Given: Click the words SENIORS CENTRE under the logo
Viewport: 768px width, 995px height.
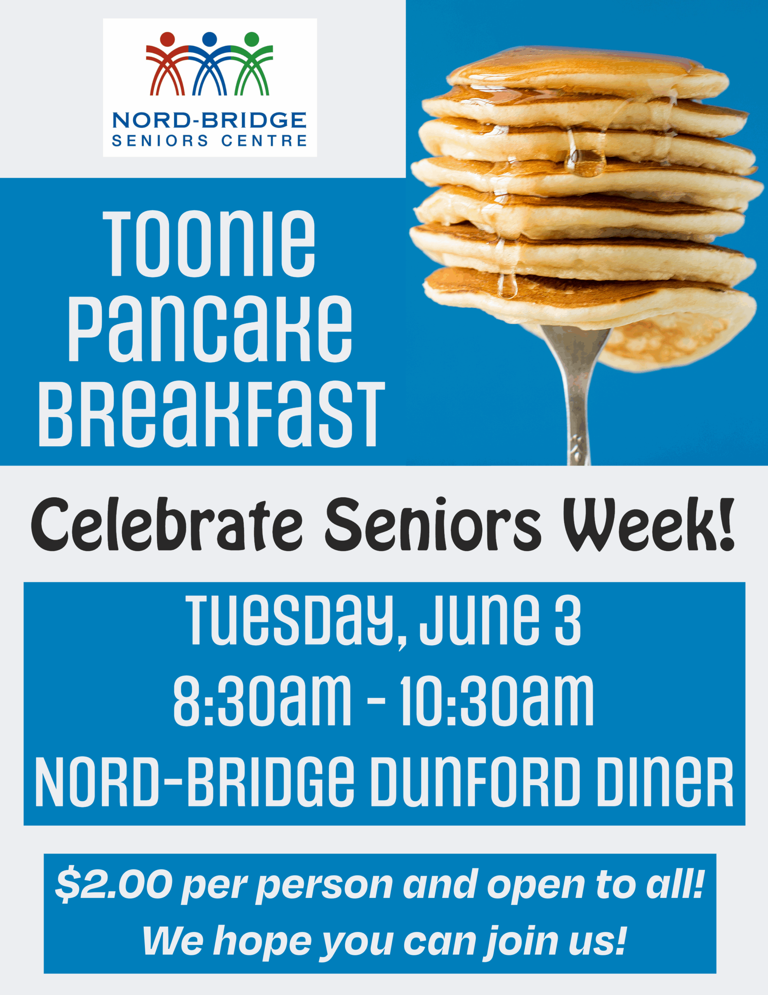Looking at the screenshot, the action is (x=209, y=140).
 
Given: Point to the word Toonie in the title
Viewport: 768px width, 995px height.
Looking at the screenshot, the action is (x=209, y=244).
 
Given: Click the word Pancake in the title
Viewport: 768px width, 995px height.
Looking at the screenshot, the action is (x=210, y=328).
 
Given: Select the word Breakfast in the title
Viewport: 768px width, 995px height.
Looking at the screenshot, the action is (x=212, y=414).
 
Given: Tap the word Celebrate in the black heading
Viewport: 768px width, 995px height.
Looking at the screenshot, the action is (x=167, y=524).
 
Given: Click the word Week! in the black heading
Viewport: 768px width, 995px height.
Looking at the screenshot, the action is (x=648, y=524).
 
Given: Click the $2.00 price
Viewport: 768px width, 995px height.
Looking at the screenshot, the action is (x=114, y=884).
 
